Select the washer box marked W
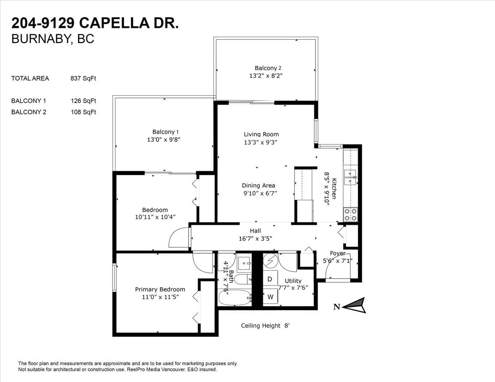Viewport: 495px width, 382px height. [270, 296]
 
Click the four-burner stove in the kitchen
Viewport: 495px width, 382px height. [350, 215]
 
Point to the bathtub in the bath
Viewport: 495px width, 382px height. [235, 298]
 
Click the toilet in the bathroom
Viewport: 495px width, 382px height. [243, 279]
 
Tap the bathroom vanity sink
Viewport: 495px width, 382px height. [244, 263]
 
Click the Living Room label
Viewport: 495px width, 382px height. [261, 134]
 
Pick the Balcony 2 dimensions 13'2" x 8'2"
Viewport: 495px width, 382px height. [266, 75]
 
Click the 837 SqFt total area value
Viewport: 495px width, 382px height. [83, 78]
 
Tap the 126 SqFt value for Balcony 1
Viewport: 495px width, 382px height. [83, 101]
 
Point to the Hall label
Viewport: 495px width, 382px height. [255, 231]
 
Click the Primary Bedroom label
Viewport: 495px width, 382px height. [160, 289]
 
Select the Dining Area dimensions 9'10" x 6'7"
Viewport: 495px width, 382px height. [260, 193]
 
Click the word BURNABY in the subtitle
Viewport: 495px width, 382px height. [40, 39]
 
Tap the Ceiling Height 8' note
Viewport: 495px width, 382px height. [265, 326]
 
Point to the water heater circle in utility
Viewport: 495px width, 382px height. [270, 260]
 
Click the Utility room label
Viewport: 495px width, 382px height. [293, 281]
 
